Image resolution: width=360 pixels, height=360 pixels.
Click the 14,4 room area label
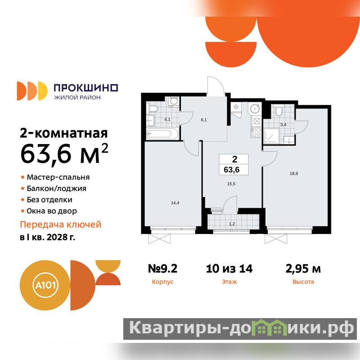coord(175,203)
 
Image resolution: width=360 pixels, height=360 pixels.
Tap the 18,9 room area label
coord(294,174)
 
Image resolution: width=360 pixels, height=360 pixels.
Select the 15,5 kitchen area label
coord(231,184)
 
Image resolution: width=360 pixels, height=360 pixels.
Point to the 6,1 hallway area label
coord(204,120)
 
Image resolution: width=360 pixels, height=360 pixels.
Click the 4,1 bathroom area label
coord(167,119)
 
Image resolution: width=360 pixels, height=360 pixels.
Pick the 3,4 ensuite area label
coord(283,125)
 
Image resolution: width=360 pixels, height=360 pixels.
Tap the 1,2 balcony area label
coord(232,224)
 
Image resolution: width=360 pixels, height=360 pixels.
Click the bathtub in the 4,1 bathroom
coord(162,134)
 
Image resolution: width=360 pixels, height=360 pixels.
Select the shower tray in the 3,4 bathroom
coord(271,136)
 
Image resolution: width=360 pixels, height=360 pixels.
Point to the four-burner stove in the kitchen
coord(256,132)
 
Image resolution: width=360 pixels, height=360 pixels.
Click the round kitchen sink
coord(255,108)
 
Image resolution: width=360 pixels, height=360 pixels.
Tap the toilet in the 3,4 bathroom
coord(279,110)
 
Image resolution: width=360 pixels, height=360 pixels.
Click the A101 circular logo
coord(45,285)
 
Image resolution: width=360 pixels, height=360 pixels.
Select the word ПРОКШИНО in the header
coord(86,88)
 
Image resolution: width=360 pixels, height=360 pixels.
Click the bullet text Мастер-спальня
coord(58,177)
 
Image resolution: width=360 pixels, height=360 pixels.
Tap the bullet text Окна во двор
coord(52,211)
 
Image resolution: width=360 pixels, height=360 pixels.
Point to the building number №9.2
coord(162,269)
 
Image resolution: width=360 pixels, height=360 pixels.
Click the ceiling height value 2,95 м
coord(303,269)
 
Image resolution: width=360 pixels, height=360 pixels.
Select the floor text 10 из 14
coord(229,269)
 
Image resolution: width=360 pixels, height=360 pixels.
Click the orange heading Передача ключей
coord(61,225)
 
